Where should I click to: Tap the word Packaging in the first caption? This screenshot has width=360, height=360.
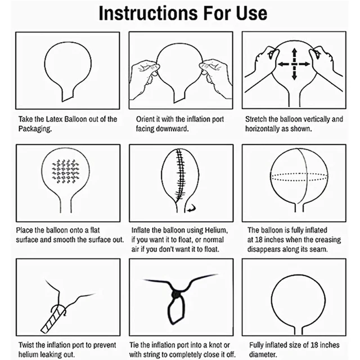pyautogui.click(x=34, y=129)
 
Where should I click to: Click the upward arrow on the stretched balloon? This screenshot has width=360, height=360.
pyautogui.click(x=294, y=54)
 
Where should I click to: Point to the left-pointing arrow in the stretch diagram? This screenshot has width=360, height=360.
pyautogui.click(x=285, y=64)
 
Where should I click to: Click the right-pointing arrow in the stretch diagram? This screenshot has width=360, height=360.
pyautogui.click(x=304, y=64)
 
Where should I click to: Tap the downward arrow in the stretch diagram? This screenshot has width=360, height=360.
pyautogui.click(x=294, y=74)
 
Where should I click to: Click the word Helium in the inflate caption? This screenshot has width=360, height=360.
pyautogui.click(x=215, y=230)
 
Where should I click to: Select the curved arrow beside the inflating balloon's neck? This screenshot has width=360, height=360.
pyautogui.click(x=191, y=208)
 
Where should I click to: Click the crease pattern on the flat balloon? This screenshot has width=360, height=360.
pyautogui.click(x=65, y=171)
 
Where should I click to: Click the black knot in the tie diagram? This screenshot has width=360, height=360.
pyautogui.click(x=176, y=294)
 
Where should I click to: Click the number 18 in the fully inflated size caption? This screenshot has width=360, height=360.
pyautogui.click(x=314, y=345)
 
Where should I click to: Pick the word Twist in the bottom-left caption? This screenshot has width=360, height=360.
pyautogui.click(x=26, y=345)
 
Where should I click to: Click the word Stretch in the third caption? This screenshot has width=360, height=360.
pyautogui.click(x=256, y=119)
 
